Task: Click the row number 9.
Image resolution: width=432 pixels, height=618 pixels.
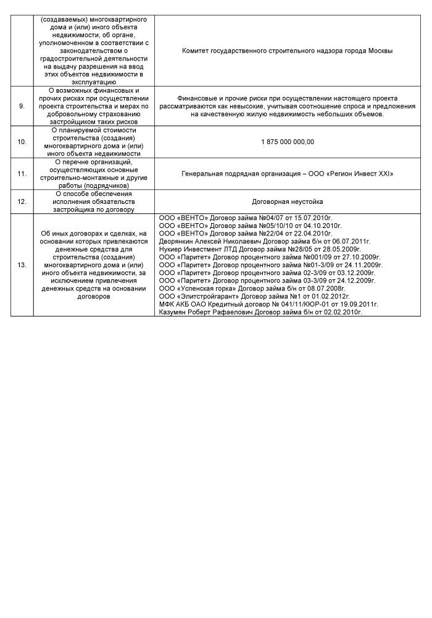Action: pos(22,106)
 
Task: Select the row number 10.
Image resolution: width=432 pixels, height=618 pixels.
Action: pos(22,142)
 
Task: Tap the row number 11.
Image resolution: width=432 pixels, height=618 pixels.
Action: pos(22,174)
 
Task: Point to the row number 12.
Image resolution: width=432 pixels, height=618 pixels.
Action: pos(22,201)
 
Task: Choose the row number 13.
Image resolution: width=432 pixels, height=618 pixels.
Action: pos(22,265)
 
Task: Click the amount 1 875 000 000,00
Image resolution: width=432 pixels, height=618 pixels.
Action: pos(288,142)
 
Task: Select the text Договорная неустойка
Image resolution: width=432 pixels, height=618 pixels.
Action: pos(288,201)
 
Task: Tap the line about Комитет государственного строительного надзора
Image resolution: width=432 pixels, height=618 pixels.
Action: pos(288,51)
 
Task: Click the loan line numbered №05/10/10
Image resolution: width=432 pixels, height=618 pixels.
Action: pos(250,226)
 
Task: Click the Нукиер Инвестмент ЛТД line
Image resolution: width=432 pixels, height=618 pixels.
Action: pos(259,249)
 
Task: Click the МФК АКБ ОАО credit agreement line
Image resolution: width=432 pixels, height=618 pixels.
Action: pos(268,305)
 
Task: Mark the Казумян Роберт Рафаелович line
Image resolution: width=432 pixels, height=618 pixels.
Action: pos(260,313)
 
